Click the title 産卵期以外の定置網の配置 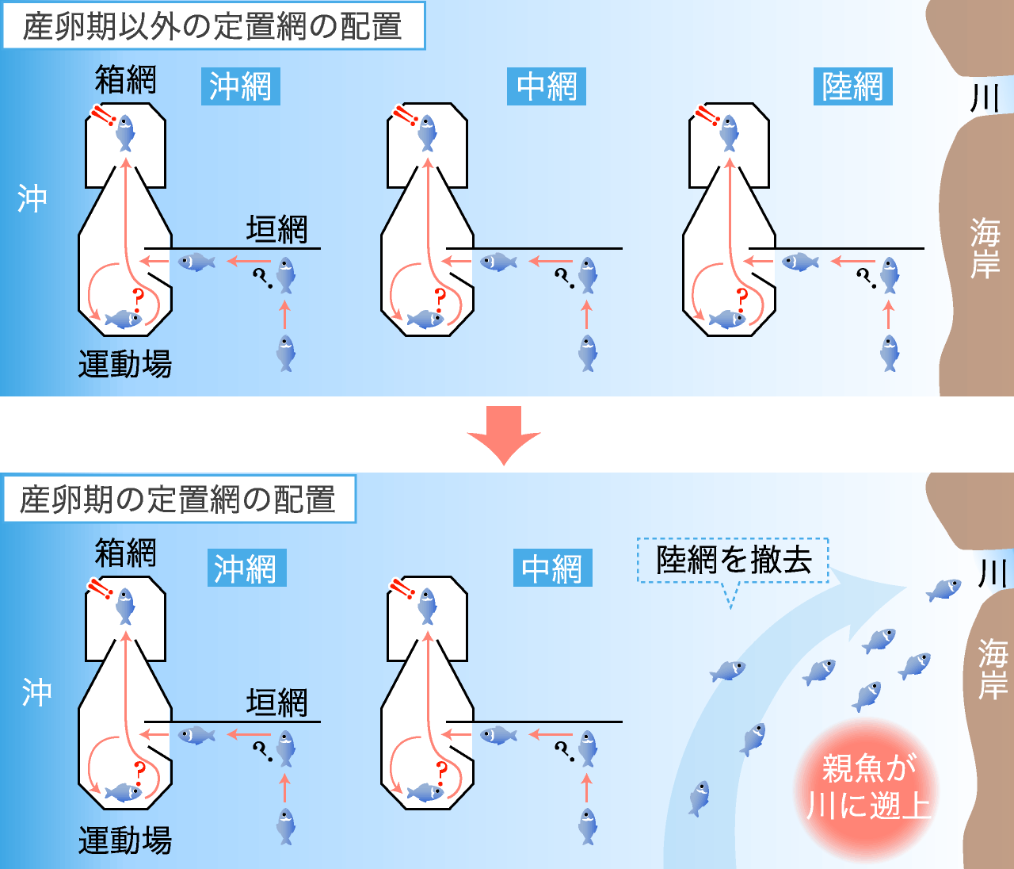[214, 25]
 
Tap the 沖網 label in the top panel [240, 86]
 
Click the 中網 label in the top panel [547, 86]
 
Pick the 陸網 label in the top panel [852, 86]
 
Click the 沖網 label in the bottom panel [246, 568]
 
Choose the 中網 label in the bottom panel [553, 568]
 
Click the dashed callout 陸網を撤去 [733, 561]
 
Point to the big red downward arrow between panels [504, 435]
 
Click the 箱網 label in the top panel [126, 79]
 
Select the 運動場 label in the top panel [126, 364]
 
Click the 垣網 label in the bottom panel [276, 702]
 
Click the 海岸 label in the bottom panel [993, 669]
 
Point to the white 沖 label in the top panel [32, 198]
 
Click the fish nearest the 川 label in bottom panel [943, 589]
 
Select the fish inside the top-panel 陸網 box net [729, 132]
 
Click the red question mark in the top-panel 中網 [440, 300]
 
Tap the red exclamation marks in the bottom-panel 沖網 [100, 588]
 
